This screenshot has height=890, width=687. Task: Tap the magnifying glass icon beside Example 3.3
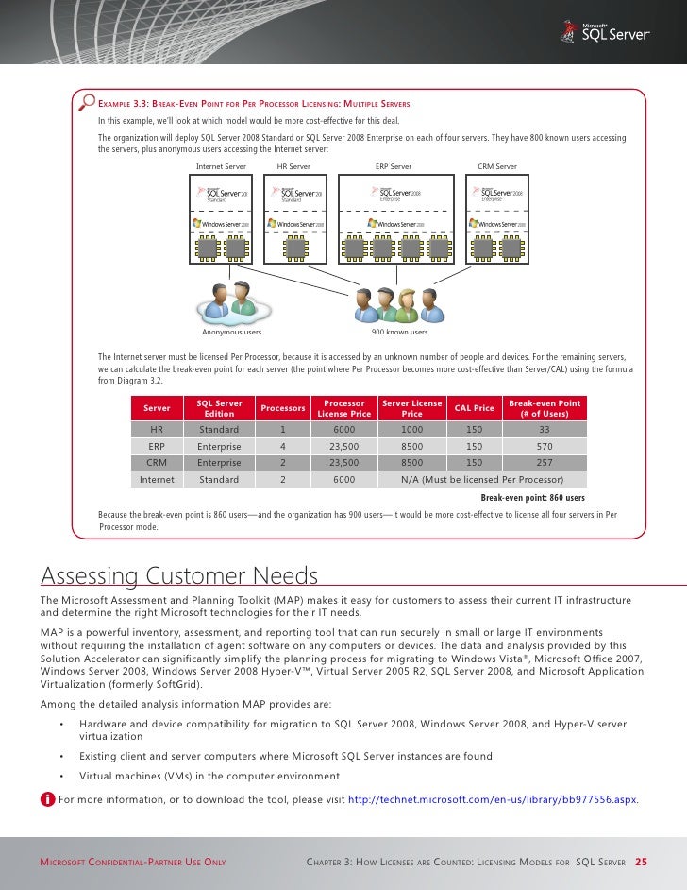[88, 102]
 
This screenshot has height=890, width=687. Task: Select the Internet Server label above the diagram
[221, 166]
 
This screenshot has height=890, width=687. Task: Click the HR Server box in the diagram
[293, 217]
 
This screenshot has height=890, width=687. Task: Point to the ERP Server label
[394, 166]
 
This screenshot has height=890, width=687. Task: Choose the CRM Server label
[497, 166]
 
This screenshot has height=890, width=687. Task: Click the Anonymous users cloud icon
[232, 302]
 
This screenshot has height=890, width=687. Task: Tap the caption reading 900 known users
[399, 333]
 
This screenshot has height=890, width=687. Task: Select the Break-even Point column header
[544, 408]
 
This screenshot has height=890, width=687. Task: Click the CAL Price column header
[475, 408]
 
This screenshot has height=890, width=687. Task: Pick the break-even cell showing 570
[544, 446]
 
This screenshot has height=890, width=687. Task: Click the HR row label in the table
[157, 429]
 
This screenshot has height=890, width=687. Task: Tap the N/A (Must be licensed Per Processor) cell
[480, 480]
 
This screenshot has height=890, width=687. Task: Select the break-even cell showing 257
[544, 463]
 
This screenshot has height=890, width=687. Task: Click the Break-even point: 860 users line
[532, 497]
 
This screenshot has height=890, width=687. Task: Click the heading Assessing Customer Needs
[179, 576]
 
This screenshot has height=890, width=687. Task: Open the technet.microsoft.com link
[493, 800]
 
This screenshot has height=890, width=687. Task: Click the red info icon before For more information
[47, 800]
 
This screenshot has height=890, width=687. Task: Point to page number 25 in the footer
[641, 862]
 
